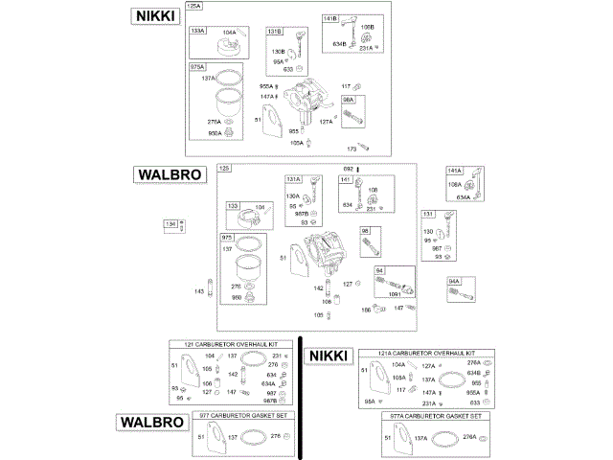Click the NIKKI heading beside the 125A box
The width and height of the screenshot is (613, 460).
point(156,16)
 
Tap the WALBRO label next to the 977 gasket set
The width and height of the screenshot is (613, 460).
point(150,422)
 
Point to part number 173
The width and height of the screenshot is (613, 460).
point(351,149)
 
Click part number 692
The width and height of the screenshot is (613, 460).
point(350,170)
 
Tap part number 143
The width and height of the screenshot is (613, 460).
point(199,291)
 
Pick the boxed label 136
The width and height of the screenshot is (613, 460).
point(171,224)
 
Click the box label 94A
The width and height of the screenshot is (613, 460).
point(455,281)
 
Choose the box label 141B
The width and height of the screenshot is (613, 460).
point(329,19)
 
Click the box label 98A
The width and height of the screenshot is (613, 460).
point(349,99)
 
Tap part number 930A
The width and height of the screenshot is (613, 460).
point(215,134)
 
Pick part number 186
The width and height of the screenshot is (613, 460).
point(365,310)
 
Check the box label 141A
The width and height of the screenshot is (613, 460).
point(455,170)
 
